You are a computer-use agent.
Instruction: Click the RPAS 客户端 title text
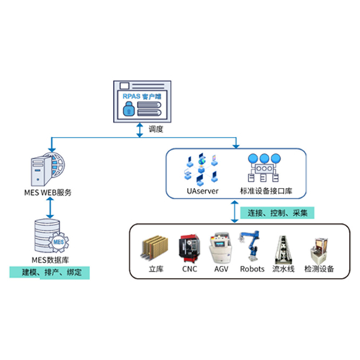click(142, 96)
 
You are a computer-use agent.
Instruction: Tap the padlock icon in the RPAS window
click(129, 109)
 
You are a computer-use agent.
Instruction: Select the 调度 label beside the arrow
click(156, 129)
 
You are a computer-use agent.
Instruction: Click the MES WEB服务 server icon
click(48, 169)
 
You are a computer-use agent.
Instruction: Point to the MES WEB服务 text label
click(48, 192)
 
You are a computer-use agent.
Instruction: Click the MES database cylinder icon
click(48, 235)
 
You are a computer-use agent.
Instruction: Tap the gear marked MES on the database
click(58, 242)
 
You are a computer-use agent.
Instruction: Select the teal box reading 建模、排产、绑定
click(50, 273)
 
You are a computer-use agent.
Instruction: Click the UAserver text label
click(202, 191)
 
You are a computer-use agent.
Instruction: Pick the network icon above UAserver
click(201, 170)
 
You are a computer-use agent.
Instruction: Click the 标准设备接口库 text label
click(266, 191)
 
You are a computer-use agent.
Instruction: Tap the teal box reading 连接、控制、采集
click(277, 212)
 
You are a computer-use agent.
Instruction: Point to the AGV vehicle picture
click(220, 248)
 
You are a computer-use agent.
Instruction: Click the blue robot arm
click(250, 246)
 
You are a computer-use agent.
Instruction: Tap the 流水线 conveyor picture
click(283, 250)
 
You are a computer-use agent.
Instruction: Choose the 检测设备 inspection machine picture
click(319, 251)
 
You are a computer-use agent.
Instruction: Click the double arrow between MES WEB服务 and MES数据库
click(50, 208)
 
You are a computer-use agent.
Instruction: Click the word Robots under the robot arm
click(252, 269)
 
